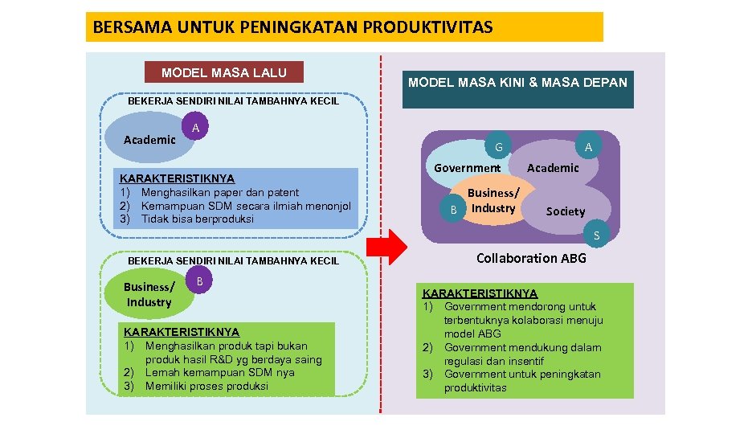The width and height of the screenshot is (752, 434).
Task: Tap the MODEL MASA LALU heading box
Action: (223, 72)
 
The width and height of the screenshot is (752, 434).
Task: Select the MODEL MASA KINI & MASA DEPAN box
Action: (517, 83)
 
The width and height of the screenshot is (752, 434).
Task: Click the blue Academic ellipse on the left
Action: (146, 138)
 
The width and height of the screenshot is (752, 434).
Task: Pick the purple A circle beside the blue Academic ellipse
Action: (196, 127)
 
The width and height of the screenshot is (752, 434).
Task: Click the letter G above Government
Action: (499, 147)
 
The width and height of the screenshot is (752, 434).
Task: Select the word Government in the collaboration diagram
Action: (467, 168)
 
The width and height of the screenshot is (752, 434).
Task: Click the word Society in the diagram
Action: (566, 211)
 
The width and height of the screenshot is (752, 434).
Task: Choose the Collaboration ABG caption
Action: (531, 258)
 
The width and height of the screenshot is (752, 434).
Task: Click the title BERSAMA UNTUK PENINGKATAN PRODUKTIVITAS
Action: (293, 27)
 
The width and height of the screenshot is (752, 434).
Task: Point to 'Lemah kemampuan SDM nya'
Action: (219, 372)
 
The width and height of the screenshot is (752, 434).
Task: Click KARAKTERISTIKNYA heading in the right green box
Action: (480, 293)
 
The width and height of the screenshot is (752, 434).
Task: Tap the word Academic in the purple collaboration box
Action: (553, 168)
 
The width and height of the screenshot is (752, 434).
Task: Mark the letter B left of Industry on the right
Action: (454, 209)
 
